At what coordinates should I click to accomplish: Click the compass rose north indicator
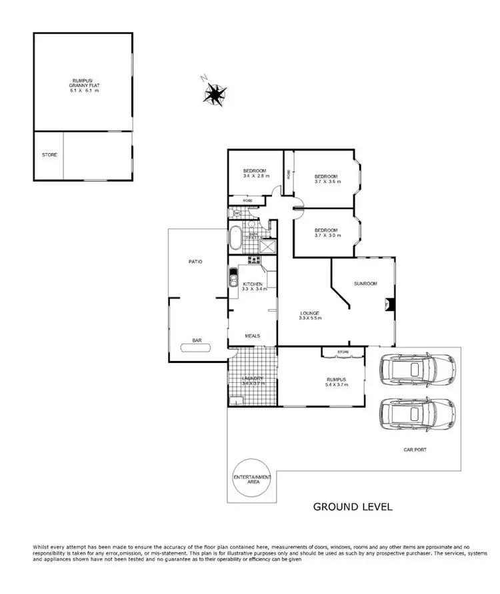214,94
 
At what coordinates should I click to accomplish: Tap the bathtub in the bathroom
237,236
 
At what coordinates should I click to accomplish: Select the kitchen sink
233,277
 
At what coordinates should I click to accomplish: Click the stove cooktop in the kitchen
253,260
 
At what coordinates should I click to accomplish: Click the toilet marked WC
236,213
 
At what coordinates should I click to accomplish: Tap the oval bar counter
197,347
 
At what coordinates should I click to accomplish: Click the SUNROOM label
366,284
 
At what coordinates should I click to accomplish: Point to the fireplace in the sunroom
388,304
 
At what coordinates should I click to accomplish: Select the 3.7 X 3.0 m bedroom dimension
327,235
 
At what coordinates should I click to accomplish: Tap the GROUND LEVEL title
353,507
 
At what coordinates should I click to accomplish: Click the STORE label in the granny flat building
49,155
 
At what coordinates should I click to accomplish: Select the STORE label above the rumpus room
343,351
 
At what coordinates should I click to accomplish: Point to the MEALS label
252,336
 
